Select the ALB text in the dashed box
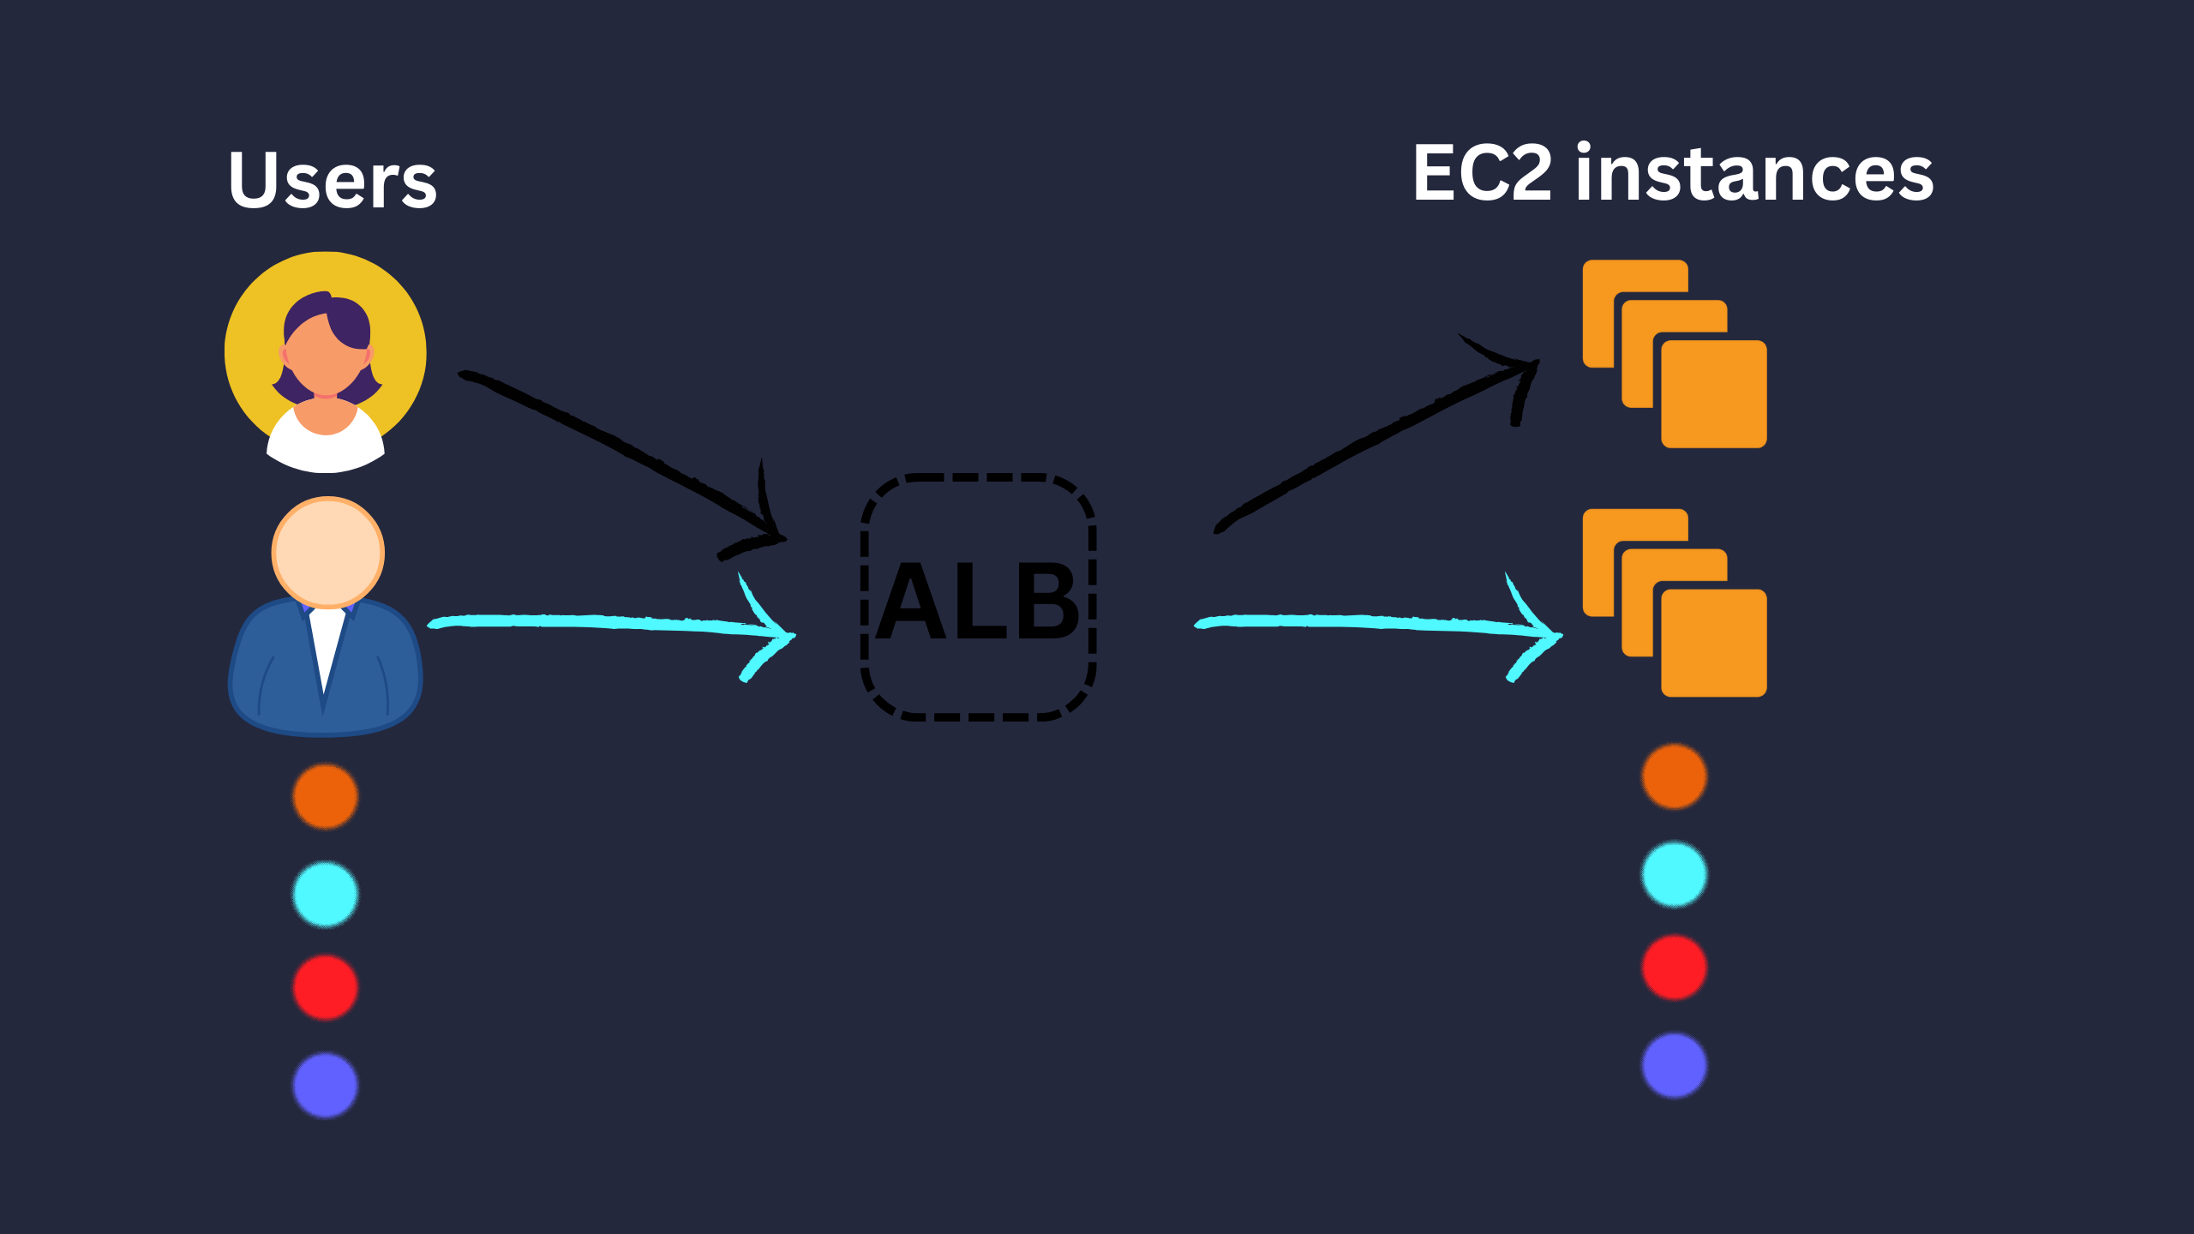click(x=978, y=602)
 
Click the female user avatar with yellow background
click(x=326, y=360)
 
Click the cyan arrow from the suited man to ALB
click(x=600, y=622)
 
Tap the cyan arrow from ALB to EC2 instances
click(x=1371, y=622)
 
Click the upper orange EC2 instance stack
click(x=1675, y=353)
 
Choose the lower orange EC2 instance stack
click(x=1675, y=602)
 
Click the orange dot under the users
click(x=326, y=796)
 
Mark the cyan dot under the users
click(x=326, y=894)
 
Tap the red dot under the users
click(x=326, y=987)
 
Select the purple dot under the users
click(x=326, y=1085)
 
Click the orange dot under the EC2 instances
click(x=1674, y=776)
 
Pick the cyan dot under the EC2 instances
click(x=1674, y=874)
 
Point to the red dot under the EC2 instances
click(x=1674, y=967)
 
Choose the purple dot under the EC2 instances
click(x=1674, y=1065)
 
